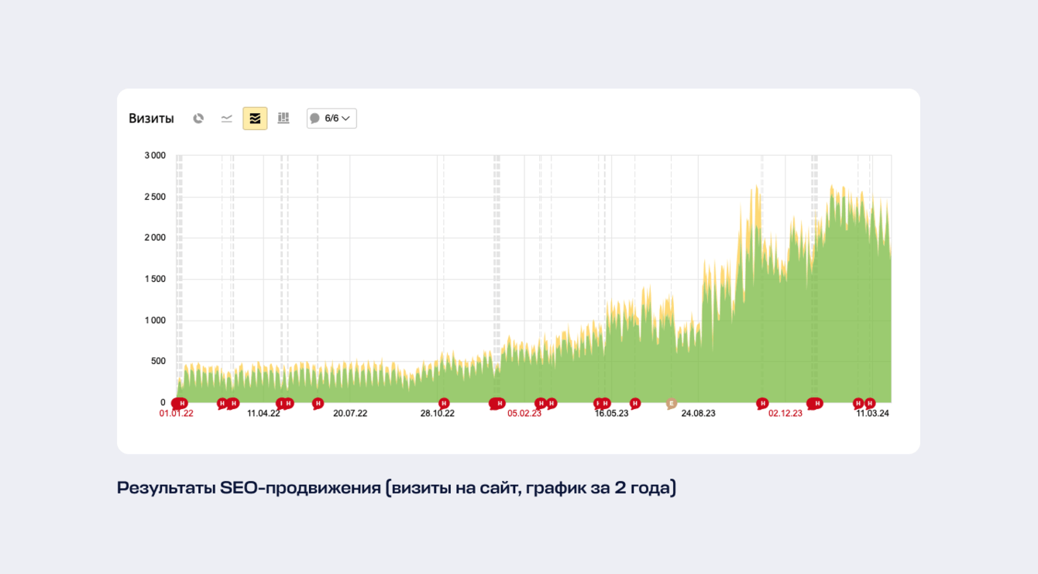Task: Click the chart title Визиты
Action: (x=151, y=119)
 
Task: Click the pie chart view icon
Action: (x=198, y=119)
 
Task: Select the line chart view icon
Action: (x=226, y=119)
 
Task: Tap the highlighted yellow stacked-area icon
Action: (x=255, y=119)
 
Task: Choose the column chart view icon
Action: (x=284, y=119)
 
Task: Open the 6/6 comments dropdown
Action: (x=332, y=119)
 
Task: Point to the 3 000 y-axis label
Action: (x=155, y=156)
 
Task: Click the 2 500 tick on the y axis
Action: (x=155, y=197)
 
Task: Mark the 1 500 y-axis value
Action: (x=155, y=279)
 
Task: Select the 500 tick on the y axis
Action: (x=157, y=361)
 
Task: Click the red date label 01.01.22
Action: (x=176, y=414)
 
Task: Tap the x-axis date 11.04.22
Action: (x=263, y=414)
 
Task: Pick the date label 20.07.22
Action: (x=350, y=414)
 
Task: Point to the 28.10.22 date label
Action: (x=438, y=414)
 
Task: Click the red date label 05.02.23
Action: (x=524, y=414)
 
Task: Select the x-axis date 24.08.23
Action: (x=698, y=414)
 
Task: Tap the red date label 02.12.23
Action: (x=785, y=414)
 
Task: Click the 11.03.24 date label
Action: (x=872, y=414)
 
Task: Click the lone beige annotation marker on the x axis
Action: (x=672, y=404)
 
